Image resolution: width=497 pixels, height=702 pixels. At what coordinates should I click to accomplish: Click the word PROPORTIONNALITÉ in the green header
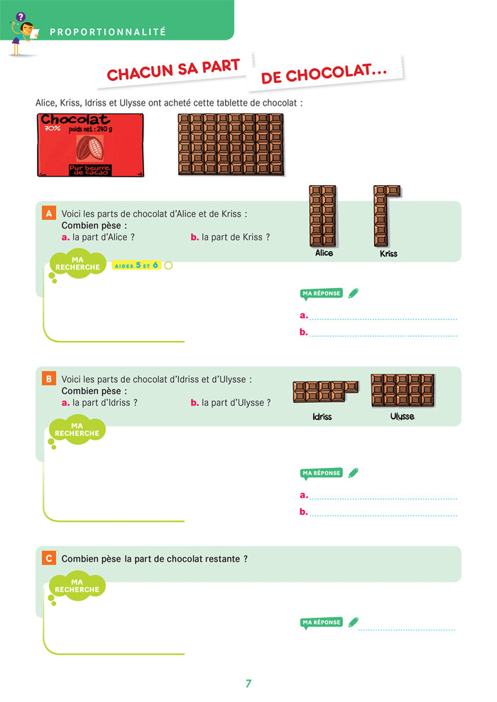coord(107,32)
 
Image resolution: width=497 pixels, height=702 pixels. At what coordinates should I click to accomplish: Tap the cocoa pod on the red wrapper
coord(89,147)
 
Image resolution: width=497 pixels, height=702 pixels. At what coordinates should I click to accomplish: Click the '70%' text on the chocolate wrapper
coord(52,128)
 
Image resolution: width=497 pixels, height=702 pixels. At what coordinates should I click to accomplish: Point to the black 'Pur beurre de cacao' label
coord(89,169)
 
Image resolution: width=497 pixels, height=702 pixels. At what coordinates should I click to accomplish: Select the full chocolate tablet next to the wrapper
coord(231,144)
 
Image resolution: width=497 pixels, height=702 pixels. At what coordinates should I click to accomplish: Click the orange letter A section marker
coord(48,213)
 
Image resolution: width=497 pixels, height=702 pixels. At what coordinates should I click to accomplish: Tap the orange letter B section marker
coord(48,379)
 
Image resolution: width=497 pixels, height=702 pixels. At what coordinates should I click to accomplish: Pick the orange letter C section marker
coord(48,558)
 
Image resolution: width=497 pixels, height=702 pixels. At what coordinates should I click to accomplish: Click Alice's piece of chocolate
coord(322,216)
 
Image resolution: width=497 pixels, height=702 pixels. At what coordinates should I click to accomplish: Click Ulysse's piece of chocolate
coord(403,391)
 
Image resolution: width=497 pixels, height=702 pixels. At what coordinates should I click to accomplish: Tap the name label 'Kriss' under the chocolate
coord(388,253)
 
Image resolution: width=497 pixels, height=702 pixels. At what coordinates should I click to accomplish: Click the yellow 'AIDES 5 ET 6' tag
coord(136,265)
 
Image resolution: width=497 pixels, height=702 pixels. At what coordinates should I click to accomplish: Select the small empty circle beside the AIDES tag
coord(168,265)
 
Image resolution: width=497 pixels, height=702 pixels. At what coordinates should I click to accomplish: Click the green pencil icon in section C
coord(353,622)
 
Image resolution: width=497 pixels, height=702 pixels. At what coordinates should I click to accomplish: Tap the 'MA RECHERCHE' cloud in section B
coord(77,429)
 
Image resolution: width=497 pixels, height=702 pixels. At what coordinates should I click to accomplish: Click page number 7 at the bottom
coord(248,683)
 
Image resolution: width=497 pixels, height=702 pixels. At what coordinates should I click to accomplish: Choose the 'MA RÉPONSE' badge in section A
coord(322,294)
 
